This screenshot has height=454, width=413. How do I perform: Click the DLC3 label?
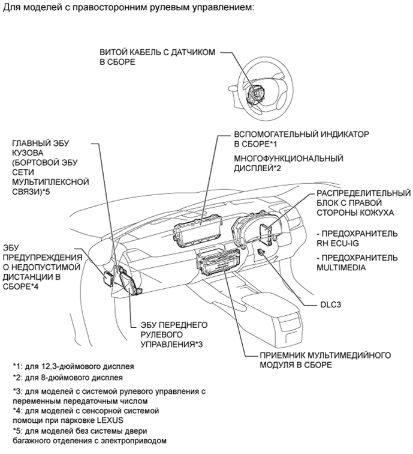pyautogui.click(x=331, y=305)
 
